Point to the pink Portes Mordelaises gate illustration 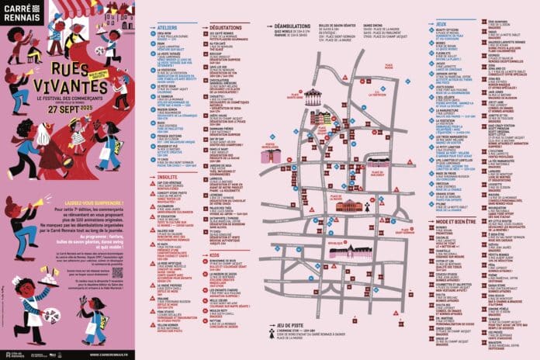point(271,154)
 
